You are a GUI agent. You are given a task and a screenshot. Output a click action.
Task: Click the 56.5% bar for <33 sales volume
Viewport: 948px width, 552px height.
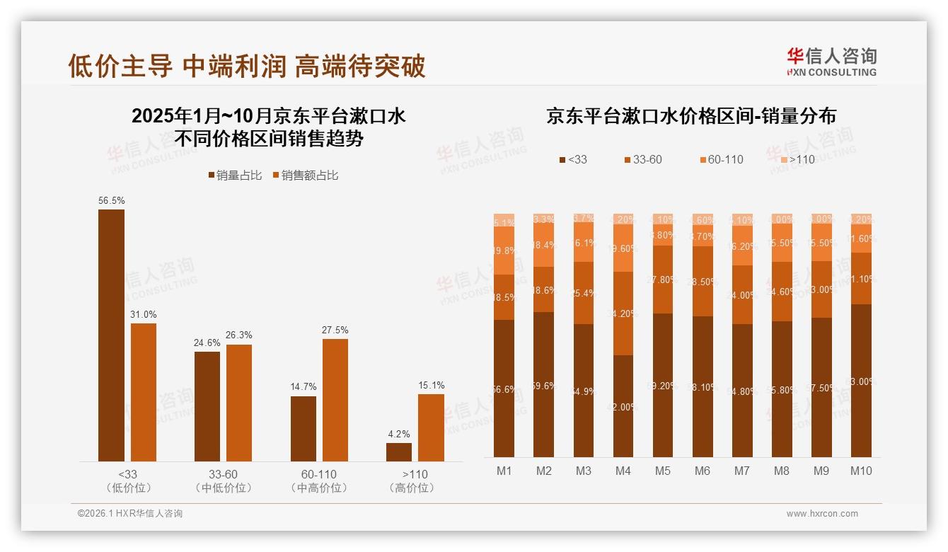click(x=111, y=335)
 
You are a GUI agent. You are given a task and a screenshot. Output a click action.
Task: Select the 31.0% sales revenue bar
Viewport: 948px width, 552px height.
click(x=144, y=392)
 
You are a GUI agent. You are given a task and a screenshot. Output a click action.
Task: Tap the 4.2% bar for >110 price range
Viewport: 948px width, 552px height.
click(x=399, y=452)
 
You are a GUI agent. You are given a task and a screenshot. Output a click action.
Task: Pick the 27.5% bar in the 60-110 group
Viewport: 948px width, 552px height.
click(x=335, y=400)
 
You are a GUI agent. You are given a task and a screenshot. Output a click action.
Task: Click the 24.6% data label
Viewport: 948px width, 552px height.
click(x=207, y=343)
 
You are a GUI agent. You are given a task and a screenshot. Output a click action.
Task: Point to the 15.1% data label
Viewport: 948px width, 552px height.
click(x=432, y=386)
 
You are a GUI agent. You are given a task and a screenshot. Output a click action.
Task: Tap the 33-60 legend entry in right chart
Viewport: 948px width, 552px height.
click(x=647, y=160)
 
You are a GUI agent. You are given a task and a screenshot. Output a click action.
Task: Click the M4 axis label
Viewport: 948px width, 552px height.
click(x=623, y=471)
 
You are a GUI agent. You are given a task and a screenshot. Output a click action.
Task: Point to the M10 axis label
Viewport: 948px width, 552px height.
click(x=861, y=471)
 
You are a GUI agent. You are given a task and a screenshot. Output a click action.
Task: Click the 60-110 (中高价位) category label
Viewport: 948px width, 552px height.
click(x=319, y=481)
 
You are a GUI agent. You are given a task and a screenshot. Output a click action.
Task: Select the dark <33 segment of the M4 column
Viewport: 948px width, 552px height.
click(x=623, y=406)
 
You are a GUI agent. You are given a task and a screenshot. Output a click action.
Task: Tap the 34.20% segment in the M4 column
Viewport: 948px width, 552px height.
click(x=623, y=314)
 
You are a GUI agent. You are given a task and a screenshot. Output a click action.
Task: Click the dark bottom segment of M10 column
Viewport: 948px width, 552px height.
click(x=861, y=381)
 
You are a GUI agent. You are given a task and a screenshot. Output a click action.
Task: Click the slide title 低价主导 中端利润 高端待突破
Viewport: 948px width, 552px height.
click(x=246, y=66)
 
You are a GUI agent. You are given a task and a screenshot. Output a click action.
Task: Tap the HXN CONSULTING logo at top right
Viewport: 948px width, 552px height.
click(x=831, y=62)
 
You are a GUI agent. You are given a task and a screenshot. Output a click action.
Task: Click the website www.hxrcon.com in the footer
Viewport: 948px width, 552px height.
click(x=821, y=514)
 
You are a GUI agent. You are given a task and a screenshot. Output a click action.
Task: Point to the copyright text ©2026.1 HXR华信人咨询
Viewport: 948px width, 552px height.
click(x=130, y=514)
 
